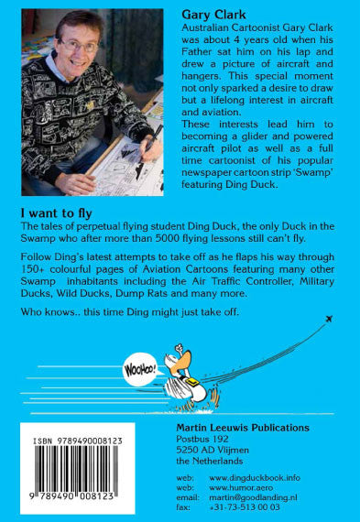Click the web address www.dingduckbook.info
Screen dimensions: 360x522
(257, 477)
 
